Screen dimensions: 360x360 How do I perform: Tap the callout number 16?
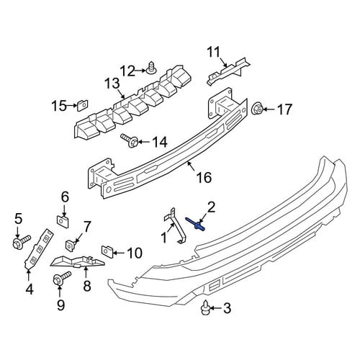tap(204, 178)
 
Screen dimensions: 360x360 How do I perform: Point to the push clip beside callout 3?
tap(205, 307)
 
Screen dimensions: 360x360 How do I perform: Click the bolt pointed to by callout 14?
tap(130, 141)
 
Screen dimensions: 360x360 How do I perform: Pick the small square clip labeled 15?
tap(83, 105)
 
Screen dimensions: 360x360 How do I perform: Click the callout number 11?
tap(213, 52)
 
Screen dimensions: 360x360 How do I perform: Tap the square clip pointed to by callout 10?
tap(107, 252)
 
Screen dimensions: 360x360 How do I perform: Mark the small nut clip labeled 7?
tap(71, 245)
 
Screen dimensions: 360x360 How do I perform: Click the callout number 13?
tap(112, 84)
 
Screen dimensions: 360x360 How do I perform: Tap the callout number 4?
tap(30, 289)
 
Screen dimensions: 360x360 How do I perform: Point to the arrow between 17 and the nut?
tap(269, 109)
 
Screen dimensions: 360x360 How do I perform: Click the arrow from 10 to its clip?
tap(119, 253)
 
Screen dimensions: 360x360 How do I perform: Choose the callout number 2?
tap(211, 207)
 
